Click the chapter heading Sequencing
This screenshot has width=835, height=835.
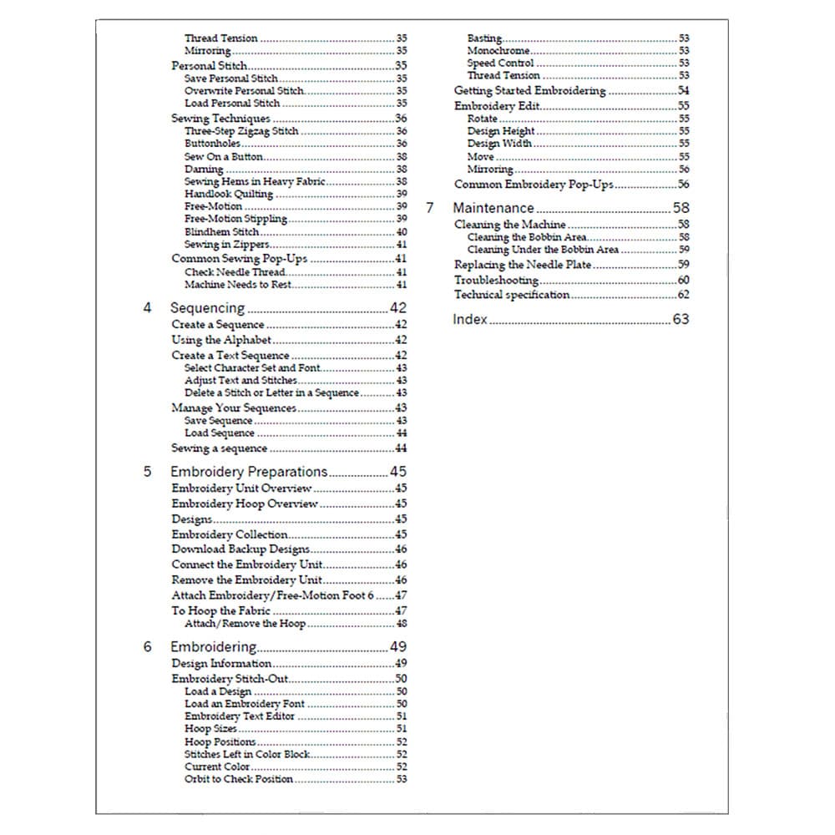(x=207, y=308)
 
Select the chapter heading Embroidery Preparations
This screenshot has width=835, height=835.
(x=249, y=472)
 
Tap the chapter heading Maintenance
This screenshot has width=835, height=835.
(x=493, y=208)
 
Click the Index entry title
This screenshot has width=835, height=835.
(x=469, y=319)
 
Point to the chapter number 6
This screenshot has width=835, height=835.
(x=148, y=647)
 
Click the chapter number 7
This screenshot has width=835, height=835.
(x=430, y=208)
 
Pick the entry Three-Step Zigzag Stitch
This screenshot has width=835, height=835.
(x=240, y=131)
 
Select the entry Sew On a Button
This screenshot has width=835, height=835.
(x=223, y=156)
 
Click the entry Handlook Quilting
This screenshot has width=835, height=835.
(x=228, y=194)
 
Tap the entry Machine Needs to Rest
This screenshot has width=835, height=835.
(x=238, y=285)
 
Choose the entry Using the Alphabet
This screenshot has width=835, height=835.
(x=221, y=340)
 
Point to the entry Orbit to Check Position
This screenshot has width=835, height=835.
(x=238, y=779)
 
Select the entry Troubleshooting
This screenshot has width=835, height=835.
(x=496, y=281)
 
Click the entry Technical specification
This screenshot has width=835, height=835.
(x=512, y=295)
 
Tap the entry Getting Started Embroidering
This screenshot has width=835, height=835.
(x=529, y=91)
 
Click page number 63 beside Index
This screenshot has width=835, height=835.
(x=681, y=319)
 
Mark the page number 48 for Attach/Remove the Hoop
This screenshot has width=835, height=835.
(x=402, y=624)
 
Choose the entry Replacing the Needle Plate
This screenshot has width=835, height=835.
(x=523, y=265)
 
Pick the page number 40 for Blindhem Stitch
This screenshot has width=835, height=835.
(x=402, y=232)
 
